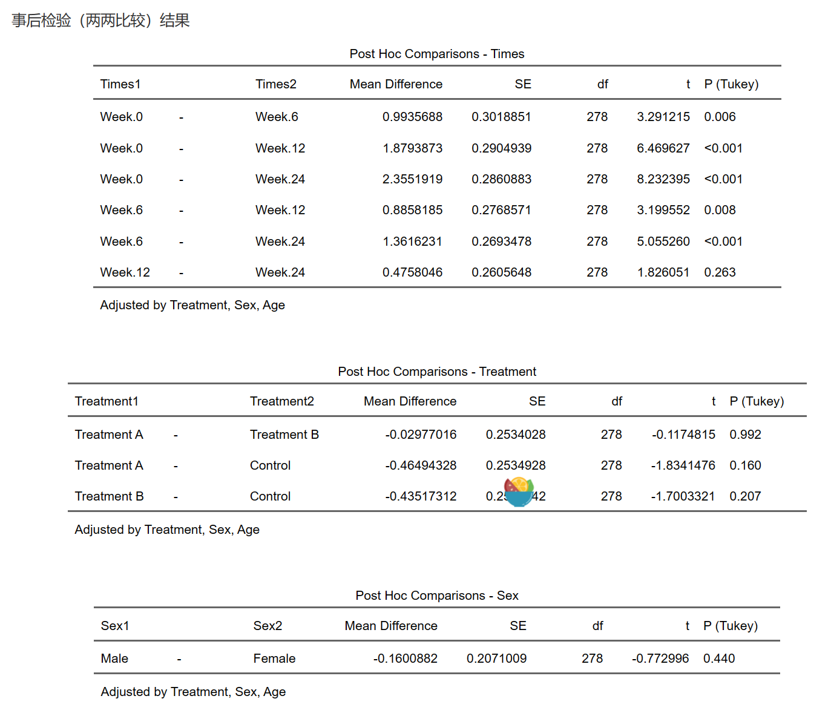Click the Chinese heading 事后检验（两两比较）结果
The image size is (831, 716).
[x=100, y=21]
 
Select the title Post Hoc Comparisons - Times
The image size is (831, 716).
[x=436, y=54]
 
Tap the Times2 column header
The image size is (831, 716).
[x=275, y=84]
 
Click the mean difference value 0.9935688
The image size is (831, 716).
[x=412, y=117]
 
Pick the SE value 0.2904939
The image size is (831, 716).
[x=501, y=148]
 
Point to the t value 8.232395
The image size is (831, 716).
[x=663, y=179]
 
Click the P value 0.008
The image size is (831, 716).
[x=720, y=210]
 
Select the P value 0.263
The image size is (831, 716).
[x=720, y=272]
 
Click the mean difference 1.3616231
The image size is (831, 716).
[x=412, y=241]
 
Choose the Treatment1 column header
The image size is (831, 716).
[x=107, y=401]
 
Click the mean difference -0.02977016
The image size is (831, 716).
[x=421, y=435]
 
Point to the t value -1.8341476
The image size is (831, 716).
[x=683, y=465]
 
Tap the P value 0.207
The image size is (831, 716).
[x=745, y=496]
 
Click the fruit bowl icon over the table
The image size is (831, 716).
[x=519, y=491]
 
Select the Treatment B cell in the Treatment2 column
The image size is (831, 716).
[x=284, y=435]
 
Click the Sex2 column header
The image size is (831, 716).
[x=268, y=626]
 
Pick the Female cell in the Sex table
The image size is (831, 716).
[x=274, y=659]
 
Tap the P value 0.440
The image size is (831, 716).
[x=719, y=659]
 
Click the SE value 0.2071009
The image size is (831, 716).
[x=496, y=659]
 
